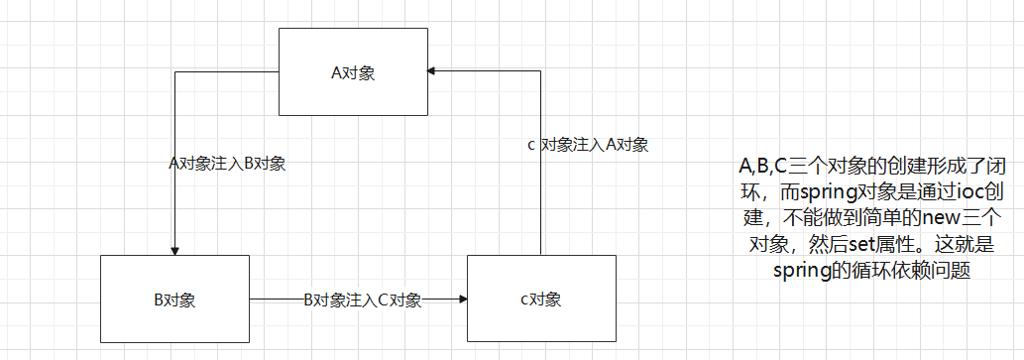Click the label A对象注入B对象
[x=228, y=163]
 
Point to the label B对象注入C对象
[x=362, y=300]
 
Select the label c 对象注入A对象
[x=588, y=145]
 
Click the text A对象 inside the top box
[x=354, y=72]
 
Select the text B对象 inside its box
[x=174, y=300]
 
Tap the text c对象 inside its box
[x=541, y=300]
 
